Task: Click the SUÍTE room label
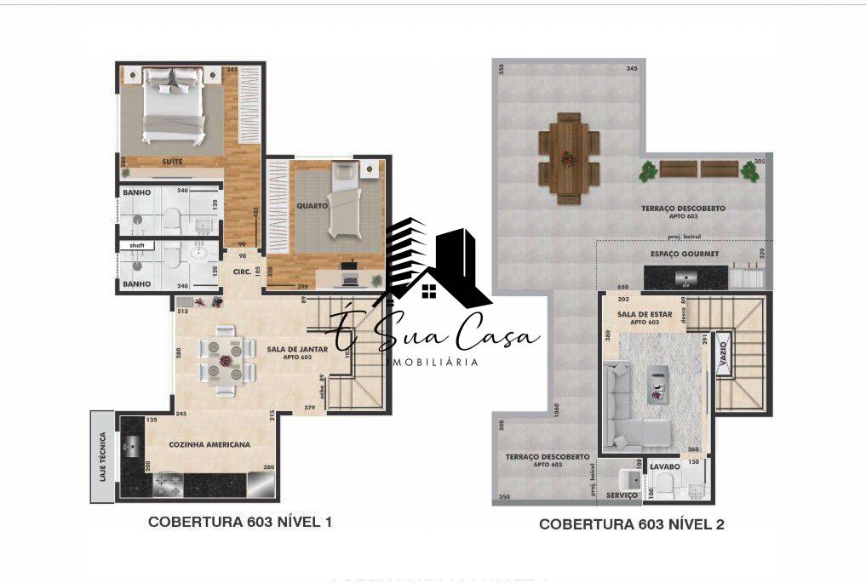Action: tap(172, 162)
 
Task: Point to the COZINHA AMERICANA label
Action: tap(209, 445)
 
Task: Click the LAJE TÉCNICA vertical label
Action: tap(102, 457)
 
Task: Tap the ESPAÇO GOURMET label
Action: tap(685, 254)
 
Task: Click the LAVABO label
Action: tap(665, 467)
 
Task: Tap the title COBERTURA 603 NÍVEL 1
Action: tap(240, 522)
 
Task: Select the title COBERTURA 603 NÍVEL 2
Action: tap(632, 524)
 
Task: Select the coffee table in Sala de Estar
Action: tap(657, 382)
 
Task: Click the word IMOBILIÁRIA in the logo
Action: tap(433, 362)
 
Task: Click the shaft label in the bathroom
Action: tap(136, 245)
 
